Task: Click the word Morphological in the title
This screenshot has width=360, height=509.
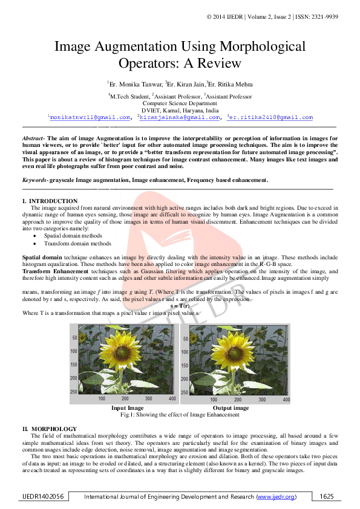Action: pos(261,47)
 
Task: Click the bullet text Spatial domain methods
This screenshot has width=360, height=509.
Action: pos(73,236)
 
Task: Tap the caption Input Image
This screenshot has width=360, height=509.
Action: pos(126,408)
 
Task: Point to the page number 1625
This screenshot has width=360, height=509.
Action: pos(327,496)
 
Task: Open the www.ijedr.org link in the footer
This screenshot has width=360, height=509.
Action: pos(277,496)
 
